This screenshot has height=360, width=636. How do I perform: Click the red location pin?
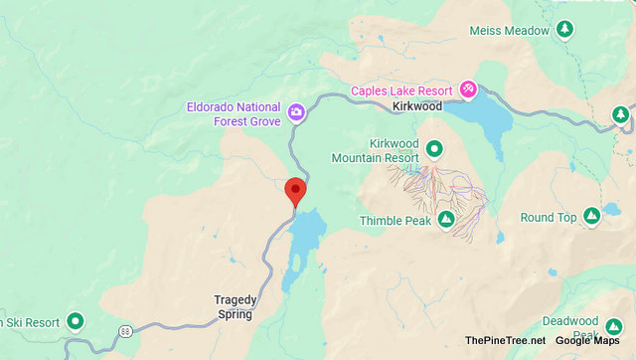(295, 189)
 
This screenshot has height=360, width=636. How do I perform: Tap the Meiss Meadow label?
(510, 31)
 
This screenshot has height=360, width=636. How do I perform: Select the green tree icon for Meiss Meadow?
(564, 30)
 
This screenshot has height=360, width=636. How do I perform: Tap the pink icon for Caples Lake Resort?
(467, 91)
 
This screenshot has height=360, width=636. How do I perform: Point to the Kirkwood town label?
(416, 105)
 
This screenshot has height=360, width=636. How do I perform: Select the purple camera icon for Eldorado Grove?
(296, 111)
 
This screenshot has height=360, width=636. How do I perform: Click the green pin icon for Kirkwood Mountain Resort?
(434, 151)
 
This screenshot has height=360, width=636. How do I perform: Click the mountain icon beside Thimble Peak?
(446, 219)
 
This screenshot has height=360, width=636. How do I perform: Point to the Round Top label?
(549, 218)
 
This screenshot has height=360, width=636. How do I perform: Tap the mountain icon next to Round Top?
(592, 216)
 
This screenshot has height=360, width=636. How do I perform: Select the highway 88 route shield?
(125, 330)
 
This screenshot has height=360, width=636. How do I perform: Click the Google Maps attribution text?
(587, 341)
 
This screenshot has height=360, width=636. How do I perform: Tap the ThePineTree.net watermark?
(505, 341)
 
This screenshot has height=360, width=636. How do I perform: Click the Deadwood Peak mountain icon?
(616, 321)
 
